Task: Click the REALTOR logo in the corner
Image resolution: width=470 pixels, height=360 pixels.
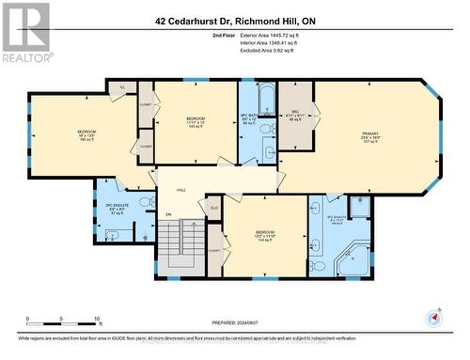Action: point(25,32)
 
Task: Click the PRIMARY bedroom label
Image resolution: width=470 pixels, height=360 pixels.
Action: point(369,137)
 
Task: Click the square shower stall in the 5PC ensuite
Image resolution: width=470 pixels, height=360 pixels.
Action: point(360,209)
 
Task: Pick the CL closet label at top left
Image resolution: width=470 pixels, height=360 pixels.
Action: point(123,87)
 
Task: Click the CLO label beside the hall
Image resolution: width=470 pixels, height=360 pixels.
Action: point(213,207)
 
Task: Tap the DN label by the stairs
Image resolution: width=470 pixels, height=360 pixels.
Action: point(168,214)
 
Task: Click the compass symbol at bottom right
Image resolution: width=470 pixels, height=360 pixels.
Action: point(433,318)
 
